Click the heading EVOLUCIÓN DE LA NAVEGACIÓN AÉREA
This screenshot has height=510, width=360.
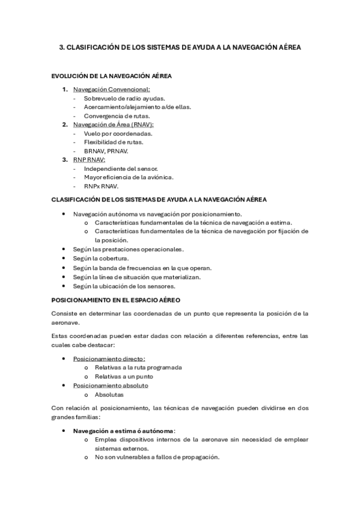tap(112, 78)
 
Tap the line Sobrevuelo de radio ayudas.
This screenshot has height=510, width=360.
tap(124, 98)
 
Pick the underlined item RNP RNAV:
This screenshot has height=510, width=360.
tap(89, 160)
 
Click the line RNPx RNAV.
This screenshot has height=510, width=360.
tap(101, 186)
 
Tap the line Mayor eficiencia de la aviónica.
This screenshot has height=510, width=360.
tap(129, 177)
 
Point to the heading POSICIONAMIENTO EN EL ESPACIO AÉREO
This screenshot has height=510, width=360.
tap(116, 299)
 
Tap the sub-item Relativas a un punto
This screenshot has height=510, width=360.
tap(123, 376)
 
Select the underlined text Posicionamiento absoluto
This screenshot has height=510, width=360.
tap(111, 385)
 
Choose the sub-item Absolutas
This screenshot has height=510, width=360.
tap(109, 395)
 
